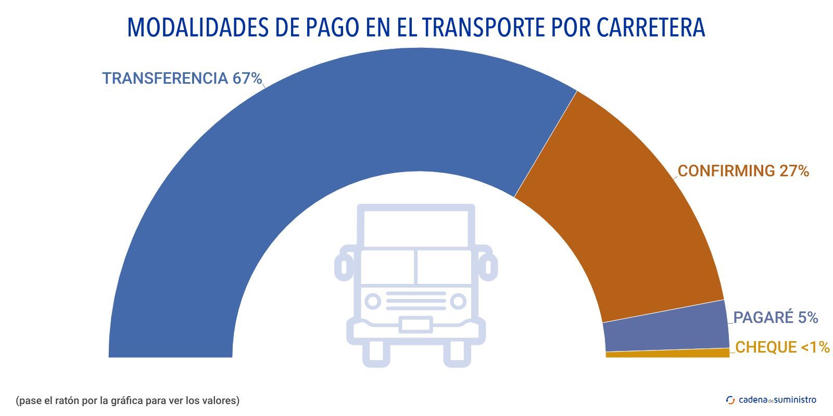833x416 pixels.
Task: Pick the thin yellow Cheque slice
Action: [666, 354]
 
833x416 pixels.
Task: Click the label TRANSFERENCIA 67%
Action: [182, 79]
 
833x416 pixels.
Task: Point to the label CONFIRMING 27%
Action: [743, 171]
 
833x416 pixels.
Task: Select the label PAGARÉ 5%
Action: [776, 317]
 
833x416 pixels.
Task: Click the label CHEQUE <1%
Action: [782, 347]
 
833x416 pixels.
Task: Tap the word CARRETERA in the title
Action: [651, 28]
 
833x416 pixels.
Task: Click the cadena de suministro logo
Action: [771, 400]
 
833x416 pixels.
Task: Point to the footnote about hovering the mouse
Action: [128, 400]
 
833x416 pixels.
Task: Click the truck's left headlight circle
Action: [373, 301]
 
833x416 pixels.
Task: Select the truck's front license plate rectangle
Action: [415, 325]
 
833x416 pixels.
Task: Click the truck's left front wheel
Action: [376, 354]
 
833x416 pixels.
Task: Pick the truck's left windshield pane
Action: [388, 267]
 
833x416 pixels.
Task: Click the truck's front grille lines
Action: [415, 301]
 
